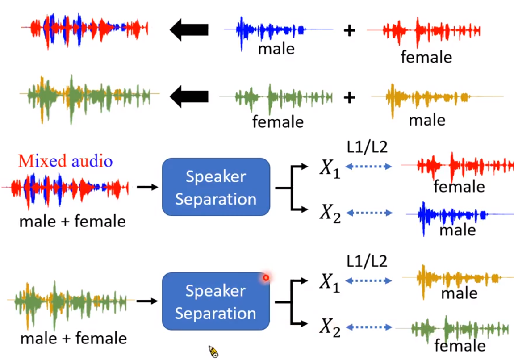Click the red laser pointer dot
[266, 278]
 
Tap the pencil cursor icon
[213, 352]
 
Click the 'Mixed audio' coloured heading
[65, 161]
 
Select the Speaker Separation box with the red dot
[216, 302]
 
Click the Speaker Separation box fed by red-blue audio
[216, 188]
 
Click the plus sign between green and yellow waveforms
[349, 97]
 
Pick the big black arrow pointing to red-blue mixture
[189, 30]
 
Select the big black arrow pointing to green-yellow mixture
[189, 96]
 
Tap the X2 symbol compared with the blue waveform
[330, 213]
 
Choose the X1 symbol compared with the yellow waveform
[330, 281]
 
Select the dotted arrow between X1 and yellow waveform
[369, 280]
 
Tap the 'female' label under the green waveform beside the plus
[278, 121]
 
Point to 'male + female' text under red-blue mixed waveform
[72, 221]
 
